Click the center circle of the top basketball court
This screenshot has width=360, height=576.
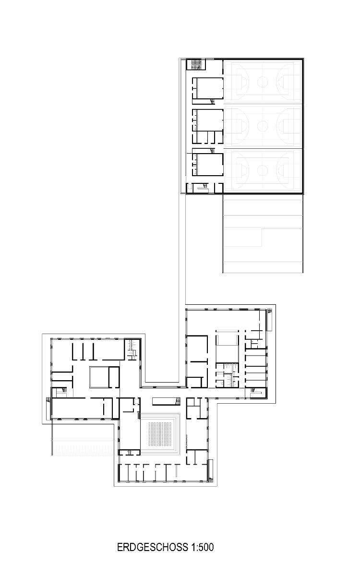[x=263, y=81]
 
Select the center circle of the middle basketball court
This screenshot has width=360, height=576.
[x=263, y=126]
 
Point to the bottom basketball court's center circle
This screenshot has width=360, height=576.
[x=263, y=170]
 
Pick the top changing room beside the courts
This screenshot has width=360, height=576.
[x=208, y=89]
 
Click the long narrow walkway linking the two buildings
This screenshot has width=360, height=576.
[x=182, y=250]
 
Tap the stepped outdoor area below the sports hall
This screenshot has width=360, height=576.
[x=263, y=235]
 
